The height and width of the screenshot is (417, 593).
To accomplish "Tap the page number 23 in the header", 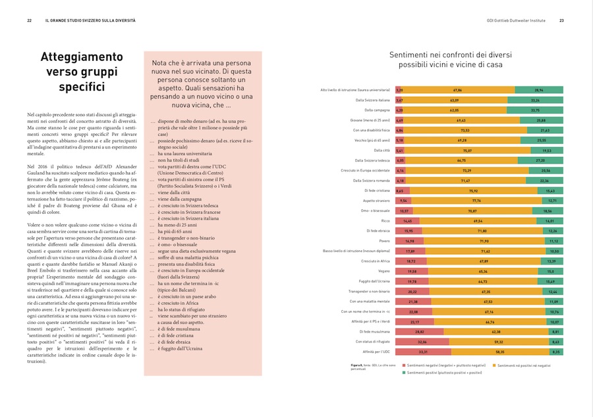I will tap(562, 20).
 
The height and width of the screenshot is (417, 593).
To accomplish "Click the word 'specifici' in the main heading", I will tap(82, 86).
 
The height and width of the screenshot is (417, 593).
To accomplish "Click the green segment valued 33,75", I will tap(535, 110).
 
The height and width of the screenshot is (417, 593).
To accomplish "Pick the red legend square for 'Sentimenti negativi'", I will tap(403, 365).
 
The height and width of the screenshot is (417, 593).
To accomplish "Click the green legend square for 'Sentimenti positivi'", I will tap(403, 373).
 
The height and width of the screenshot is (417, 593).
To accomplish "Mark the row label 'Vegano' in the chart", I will tap(382, 271).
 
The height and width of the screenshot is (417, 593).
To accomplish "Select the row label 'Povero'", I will tap(383, 242).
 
